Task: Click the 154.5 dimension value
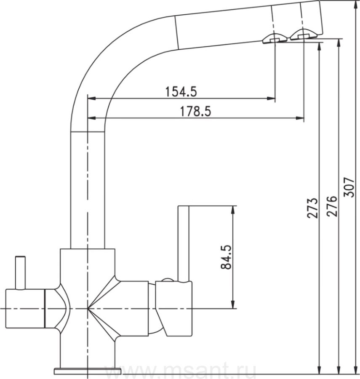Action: point(181,92)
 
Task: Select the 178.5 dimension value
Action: point(195,112)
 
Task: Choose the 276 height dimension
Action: point(331,206)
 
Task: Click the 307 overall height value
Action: point(349,187)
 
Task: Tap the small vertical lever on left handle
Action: point(20,272)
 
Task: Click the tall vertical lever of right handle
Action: point(184,244)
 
